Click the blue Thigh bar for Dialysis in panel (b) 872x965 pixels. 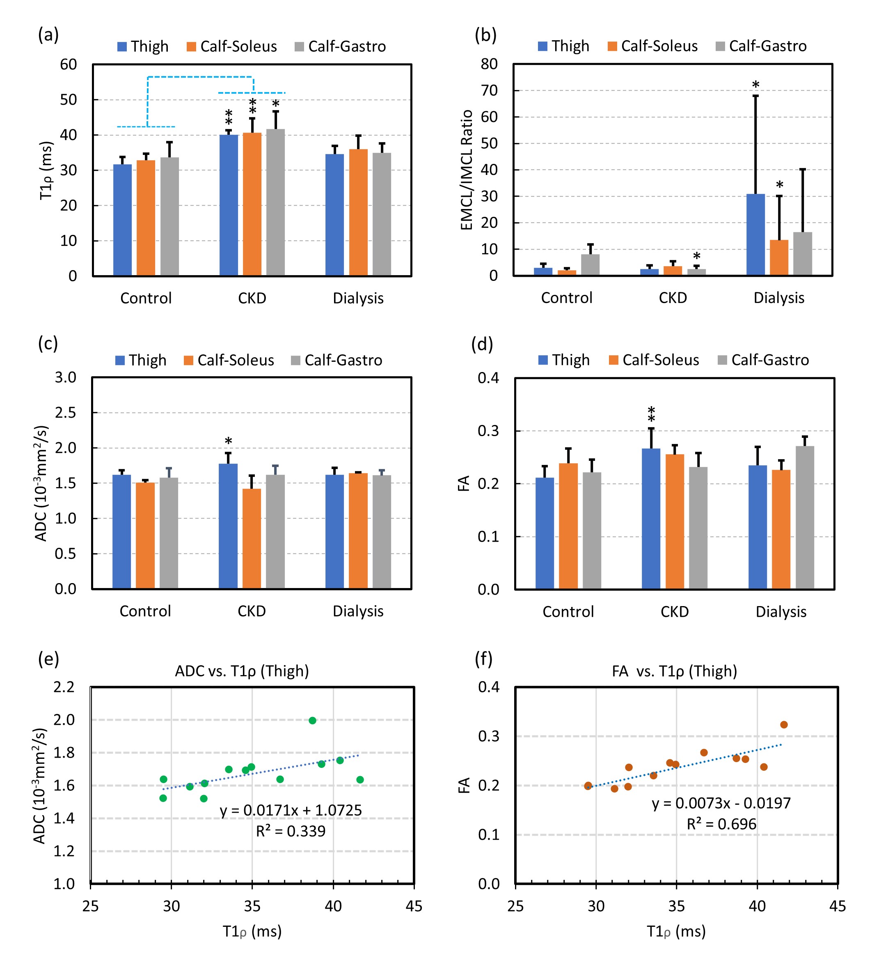coord(755,234)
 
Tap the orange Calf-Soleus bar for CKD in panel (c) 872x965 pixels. coord(252,538)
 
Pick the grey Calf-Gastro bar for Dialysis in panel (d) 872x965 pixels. coord(805,517)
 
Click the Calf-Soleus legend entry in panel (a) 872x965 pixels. coord(231,46)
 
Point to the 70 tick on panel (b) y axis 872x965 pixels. coord(489,90)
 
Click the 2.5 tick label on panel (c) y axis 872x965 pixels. coord(66,413)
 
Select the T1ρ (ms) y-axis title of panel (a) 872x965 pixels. coord(46,170)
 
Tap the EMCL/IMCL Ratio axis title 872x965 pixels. coord(467,170)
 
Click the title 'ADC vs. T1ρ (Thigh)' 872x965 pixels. coord(242,671)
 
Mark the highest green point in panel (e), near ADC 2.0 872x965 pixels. coord(312,720)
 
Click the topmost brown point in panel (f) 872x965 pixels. coord(783,725)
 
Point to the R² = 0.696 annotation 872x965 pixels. coord(721,824)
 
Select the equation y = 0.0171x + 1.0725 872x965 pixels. coord(291,810)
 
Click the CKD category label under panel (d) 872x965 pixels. coord(675,612)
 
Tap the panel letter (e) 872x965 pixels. coord(48,659)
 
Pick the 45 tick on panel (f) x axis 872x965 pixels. coord(838,906)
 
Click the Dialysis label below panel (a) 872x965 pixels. coord(358,298)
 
